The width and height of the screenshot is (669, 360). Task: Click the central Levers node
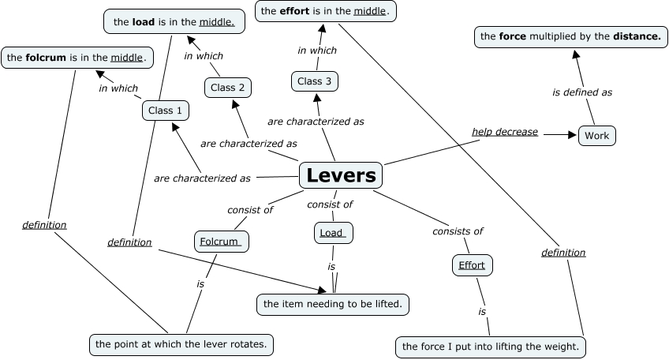pyautogui.click(x=341, y=175)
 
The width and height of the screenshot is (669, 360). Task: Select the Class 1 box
pyautogui.click(x=166, y=111)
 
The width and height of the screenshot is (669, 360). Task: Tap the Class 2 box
pyautogui.click(x=229, y=87)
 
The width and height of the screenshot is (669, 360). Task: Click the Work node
pyautogui.click(x=596, y=136)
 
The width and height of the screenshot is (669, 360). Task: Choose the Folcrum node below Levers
pyautogui.click(x=221, y=242)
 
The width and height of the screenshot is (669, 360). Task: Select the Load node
pyautogui.click(x=333, y=233)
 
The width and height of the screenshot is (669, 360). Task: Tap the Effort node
pyautogui.click(x=472, y=265)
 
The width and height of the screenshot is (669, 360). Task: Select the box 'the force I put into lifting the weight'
pyautogui.click(x=490, y=347)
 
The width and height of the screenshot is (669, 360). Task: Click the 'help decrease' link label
pyautogui.click(x=505, y=131)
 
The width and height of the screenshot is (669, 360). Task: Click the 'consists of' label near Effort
pyautogui.click(x=458, y=231)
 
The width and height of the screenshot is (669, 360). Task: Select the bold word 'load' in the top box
pyautogui.click(x=143, y=22)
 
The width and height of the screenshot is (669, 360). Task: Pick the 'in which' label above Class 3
pyautogui.click(x=317, y=51)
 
